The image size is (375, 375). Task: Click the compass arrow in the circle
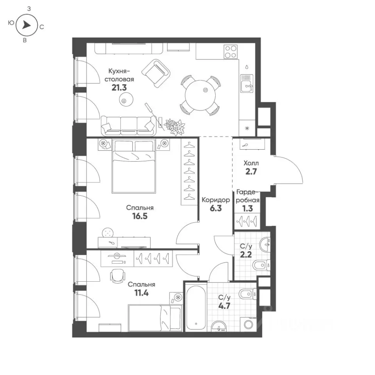pyautogui.click(x=27, y=25)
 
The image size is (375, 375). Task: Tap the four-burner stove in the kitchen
pyautogui.click(x=231, y=52)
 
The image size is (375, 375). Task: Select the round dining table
pyautogui.click(x=200, y=95)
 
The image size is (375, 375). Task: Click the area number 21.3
pyautogui.click(x=119, y=88)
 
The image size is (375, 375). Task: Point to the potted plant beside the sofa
pyautogui.click(x=175, y=126)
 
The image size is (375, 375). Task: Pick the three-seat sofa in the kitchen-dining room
pyautogui.click(x=128, y=125)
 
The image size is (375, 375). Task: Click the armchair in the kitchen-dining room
pyautogui.click(x=156, y=73)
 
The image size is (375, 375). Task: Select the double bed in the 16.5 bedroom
pyautogui.click(x=134, y=166)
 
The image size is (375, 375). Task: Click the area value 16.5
pyautogui.click(x=140, y=216)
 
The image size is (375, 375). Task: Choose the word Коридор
pyautogui.click(x=216, y=200)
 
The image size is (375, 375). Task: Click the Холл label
pyautogui.click(x=251, y=163)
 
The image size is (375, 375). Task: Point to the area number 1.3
pyautogui.click(x=247, y=209)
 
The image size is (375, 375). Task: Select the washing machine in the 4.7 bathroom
pyautogui.click(x=248, y=324)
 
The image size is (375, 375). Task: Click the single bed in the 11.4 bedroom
pyautogui.click(x=155, y=318)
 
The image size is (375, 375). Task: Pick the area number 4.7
pyautogui.click(x=224, y=306)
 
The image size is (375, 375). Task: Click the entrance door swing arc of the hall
pyautogui.click(x=296, y=166)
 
